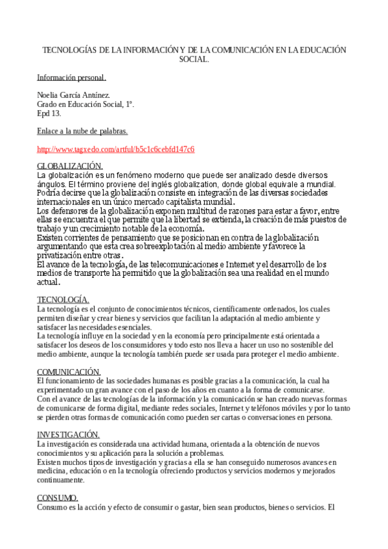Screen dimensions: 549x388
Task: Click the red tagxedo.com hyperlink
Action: pyautogui.click(x=115, y=150)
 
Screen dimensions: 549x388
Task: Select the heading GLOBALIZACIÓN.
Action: pyautogui.click(x=70, y=166)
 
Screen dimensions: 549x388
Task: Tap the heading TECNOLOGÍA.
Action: pyautogui.click(x=63, y=300)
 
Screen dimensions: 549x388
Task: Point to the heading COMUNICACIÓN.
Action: pyautogui.click(x=69, y=372)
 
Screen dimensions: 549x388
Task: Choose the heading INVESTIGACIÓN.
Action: pyautogui.click(x=68, y=434)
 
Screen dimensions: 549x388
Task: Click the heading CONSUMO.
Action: pyautogui.click(x=58, y=497)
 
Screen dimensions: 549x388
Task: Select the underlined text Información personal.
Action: pyautogui.click(x=71, y=78)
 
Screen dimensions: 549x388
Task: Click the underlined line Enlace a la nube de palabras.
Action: pyautogui.click(x=82, y=131)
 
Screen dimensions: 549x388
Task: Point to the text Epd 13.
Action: pyautogui.click(x=49, y=113)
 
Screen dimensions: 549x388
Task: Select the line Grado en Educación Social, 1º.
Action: pyautogui.click(x=86, y=104)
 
